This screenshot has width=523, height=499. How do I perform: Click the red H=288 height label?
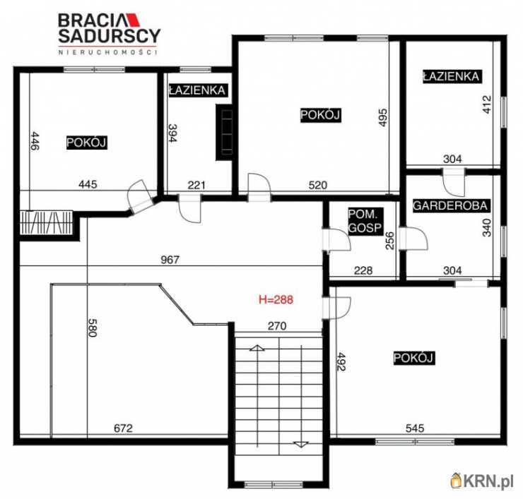(x=276, y=299)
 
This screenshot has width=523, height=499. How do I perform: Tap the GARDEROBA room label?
(x=450, y=205)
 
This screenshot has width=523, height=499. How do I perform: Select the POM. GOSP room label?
(x=365, y=221)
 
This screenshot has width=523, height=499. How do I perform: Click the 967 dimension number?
(x=170, y=260)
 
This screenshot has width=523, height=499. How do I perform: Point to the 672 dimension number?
(x=124, y=428)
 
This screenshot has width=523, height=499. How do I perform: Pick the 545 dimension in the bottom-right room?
(x=415, y=428)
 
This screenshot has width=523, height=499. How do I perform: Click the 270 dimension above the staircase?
(x=277, y=326)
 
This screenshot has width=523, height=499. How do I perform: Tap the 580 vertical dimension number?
(x=93, y=327)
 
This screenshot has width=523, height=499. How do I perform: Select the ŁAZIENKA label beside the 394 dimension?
(x=197, y=90)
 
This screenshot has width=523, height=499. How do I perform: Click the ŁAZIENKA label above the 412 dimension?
(x=452, y=77)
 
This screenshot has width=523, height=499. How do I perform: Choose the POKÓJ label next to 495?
(x=320, y=115)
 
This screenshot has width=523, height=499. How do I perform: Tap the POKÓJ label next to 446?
(x=87, y=143)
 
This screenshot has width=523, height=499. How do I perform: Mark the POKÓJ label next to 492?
(x=414, y=358)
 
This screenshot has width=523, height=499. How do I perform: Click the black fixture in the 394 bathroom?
(x=224, y=133)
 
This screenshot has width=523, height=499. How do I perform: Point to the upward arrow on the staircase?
(x=257, y=348)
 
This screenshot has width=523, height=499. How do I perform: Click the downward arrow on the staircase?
(x=301, y=444)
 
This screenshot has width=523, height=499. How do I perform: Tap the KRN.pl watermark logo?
(x=482, y=481)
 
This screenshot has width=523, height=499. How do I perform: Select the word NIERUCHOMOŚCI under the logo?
(x=107, y=52)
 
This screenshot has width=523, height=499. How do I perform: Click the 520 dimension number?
(x=318, y=185)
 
